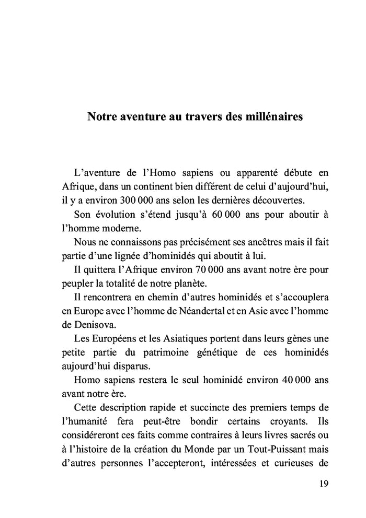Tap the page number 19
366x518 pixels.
pyautogui.click(x=323, y=484)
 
